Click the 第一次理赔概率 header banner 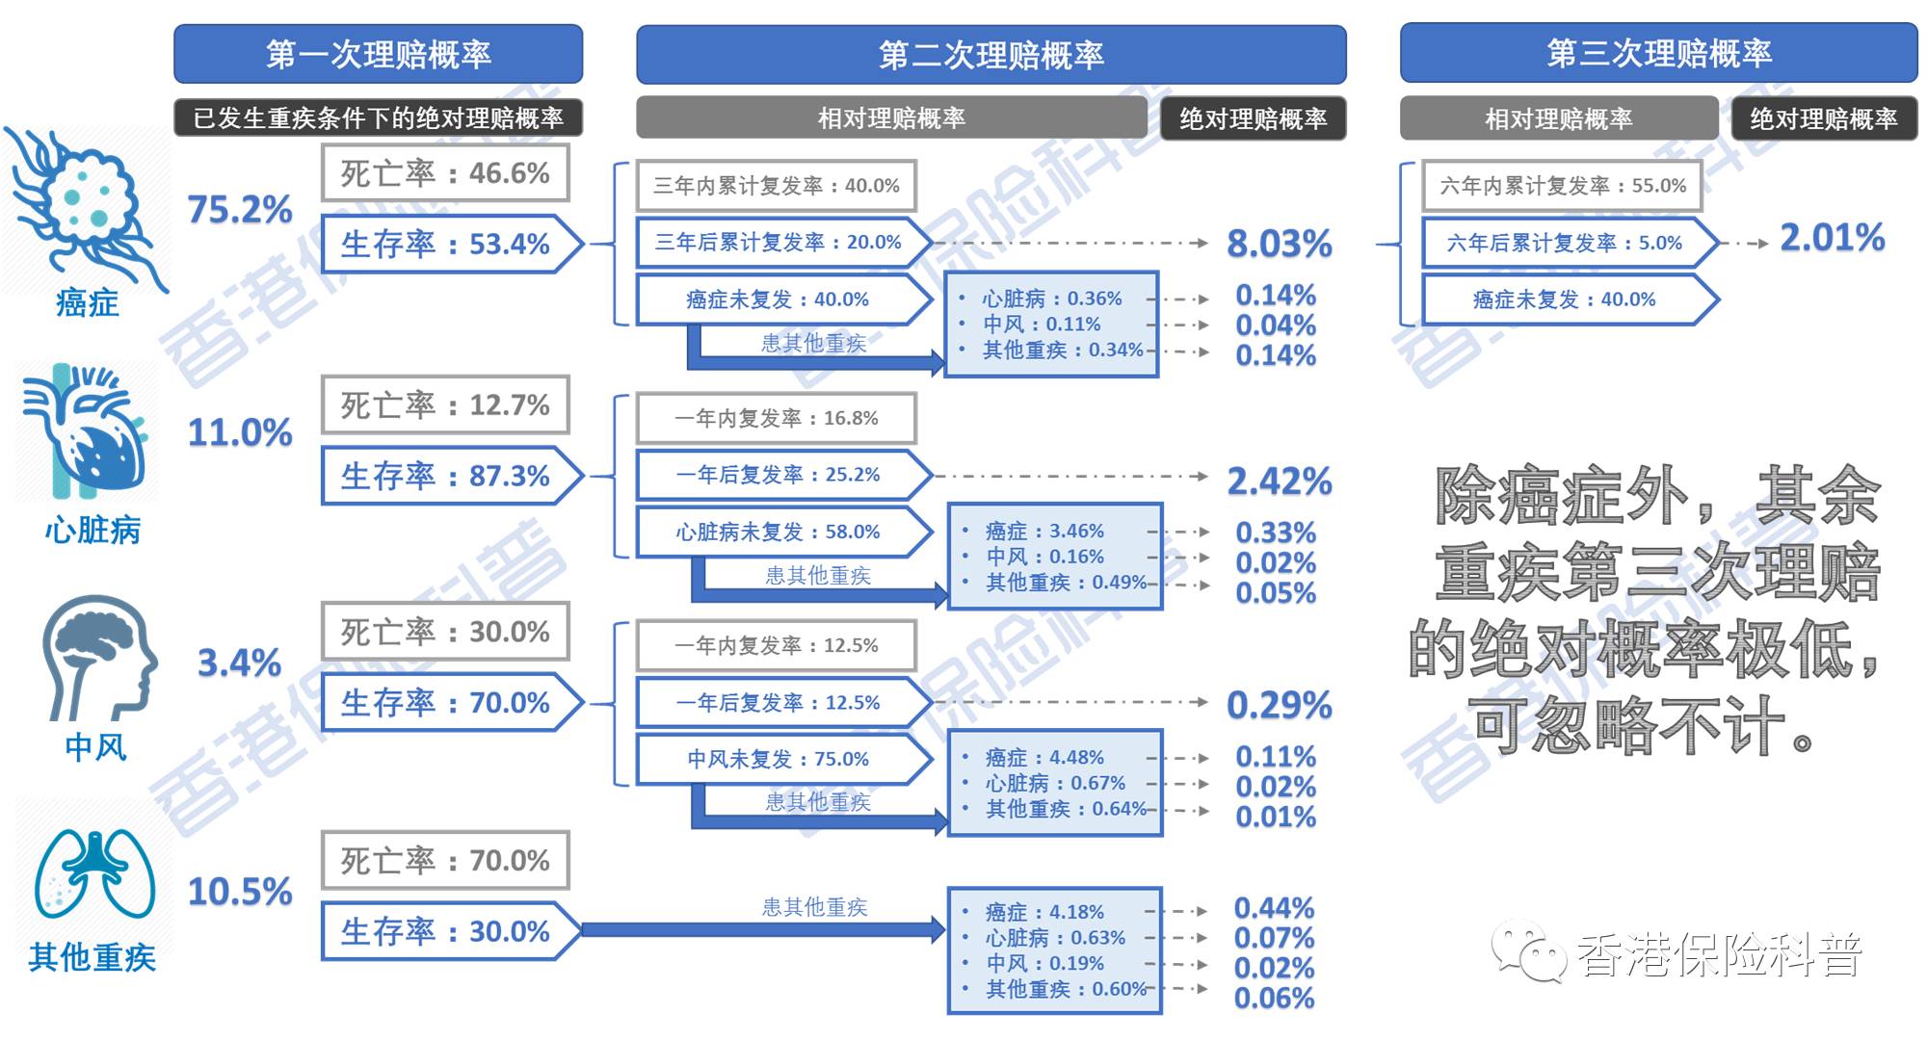(378, 55)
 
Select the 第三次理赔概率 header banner (1658, 53)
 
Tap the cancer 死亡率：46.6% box (444, 173)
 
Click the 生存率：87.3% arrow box (446, 476)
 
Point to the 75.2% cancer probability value (240, 209)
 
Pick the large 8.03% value (1279, 244)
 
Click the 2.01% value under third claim (1832, 238)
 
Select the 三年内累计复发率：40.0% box (776, 186)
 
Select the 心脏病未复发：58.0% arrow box (778, 532)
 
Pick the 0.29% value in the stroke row (1279, 705)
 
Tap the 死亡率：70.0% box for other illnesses (444, 860)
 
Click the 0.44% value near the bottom (1274, 908)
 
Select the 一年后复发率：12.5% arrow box (778, 703)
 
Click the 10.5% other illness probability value (240, 892)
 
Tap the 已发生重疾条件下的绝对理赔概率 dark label (378, 117)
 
